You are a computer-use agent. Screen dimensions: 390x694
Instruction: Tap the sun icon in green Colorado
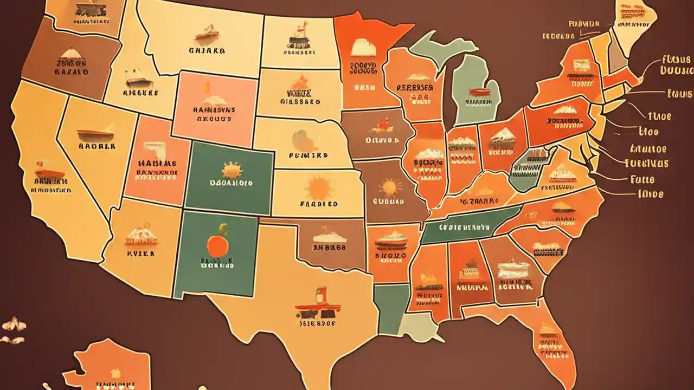pyautogui.click(x=232, y=170)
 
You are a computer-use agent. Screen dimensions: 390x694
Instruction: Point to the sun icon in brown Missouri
pyautogui.click(x=389, y=187)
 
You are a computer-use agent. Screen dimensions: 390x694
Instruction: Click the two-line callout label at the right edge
pyautogui.click(x=676, y=65)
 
